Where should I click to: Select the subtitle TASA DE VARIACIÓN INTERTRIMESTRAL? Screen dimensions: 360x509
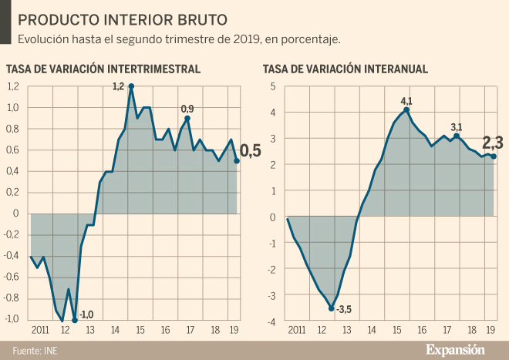pyautogui.click(x=103, y=69)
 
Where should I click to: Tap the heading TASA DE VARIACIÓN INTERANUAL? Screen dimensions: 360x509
pyautogui.click(x=346, y=69)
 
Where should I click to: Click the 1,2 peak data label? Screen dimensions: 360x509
pyautogui.click(x=118, y=86)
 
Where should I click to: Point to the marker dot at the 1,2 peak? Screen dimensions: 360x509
pyautogui.click(x=131, y=86)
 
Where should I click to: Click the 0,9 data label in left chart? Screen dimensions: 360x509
pyautogui.click(x=187, y=109)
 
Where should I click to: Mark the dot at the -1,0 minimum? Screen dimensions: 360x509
pyautogui.click(x=75, y=319)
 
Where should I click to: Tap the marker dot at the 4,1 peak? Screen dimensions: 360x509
pyautogui.click(x=406, y=109)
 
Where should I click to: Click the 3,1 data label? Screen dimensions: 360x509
pyautogui.click(x=457, y=126)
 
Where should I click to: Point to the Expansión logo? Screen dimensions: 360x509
pyautogui.click(x=456, y=349)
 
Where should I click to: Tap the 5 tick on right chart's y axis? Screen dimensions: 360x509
pyautogui.click(x=272, y=86)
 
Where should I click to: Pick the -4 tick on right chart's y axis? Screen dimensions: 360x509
pyautogui.click(x=271, y=320)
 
